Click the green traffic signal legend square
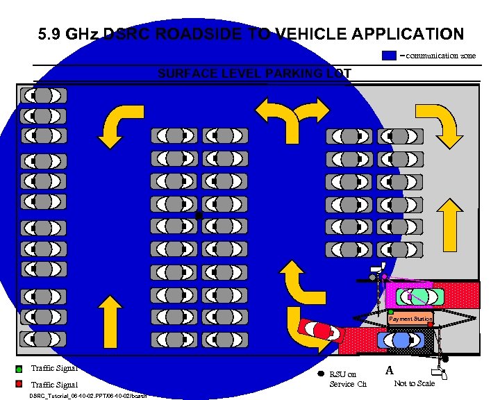coord(19,369)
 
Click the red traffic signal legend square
coord(19,384)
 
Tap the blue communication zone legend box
coord(390,55)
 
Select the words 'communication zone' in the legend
coord(441,55)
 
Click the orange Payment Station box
coord(410,319)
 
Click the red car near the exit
coord(319,331)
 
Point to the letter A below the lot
coord(390,371)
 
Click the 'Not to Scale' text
coord(414,383)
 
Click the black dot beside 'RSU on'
coord(320,375)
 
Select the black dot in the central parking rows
coord(199,216)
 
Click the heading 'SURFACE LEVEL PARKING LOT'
coord(254,74)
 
